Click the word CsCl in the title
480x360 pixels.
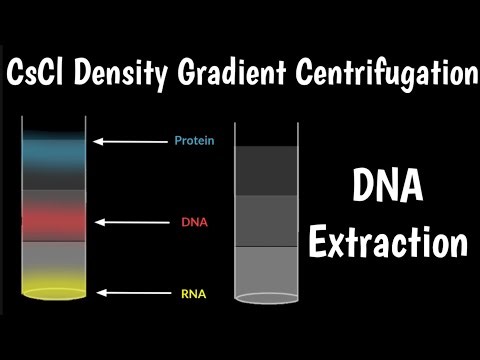41,73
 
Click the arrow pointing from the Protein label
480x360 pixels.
130,141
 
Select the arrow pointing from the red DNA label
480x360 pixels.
130,220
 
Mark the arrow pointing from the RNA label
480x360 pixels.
130,293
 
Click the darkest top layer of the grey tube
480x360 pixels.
267,170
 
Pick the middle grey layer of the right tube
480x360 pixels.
267,220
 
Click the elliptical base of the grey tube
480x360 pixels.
267,297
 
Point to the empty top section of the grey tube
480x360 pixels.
267,133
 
